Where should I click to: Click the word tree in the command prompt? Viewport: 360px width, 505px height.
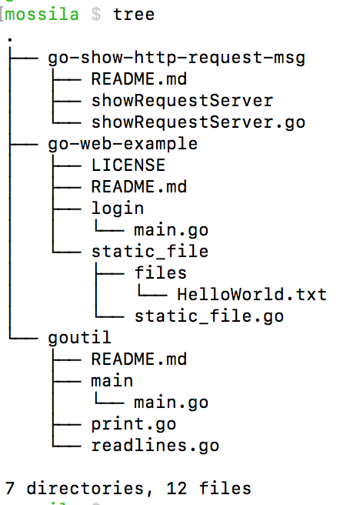pos(133,14)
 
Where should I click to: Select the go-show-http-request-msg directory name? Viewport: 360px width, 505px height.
pos(176,57)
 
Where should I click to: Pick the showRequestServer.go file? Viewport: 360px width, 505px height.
pos(198,122)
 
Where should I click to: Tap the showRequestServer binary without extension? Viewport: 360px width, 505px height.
pos(182,100)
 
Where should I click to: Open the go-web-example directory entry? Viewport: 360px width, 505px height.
pos(122,143)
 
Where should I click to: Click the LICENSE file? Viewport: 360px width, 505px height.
pos(128,165)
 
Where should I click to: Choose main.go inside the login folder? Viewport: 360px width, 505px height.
pos(170,229)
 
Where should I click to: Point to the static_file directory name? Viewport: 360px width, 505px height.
pos(149,251)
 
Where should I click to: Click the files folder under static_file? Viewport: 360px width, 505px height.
pos(160,273)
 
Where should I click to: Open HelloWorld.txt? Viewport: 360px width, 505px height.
pos(252,294)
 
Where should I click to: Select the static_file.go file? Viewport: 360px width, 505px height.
pos(208,316)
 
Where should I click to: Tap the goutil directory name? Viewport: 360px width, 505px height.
pos(79,337)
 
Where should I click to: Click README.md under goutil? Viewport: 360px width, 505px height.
pos(138,359)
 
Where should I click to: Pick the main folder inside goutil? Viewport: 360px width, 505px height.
pos(112,380)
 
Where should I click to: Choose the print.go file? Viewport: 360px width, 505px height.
pos(133,423)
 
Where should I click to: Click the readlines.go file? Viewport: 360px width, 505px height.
pos(155,445)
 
